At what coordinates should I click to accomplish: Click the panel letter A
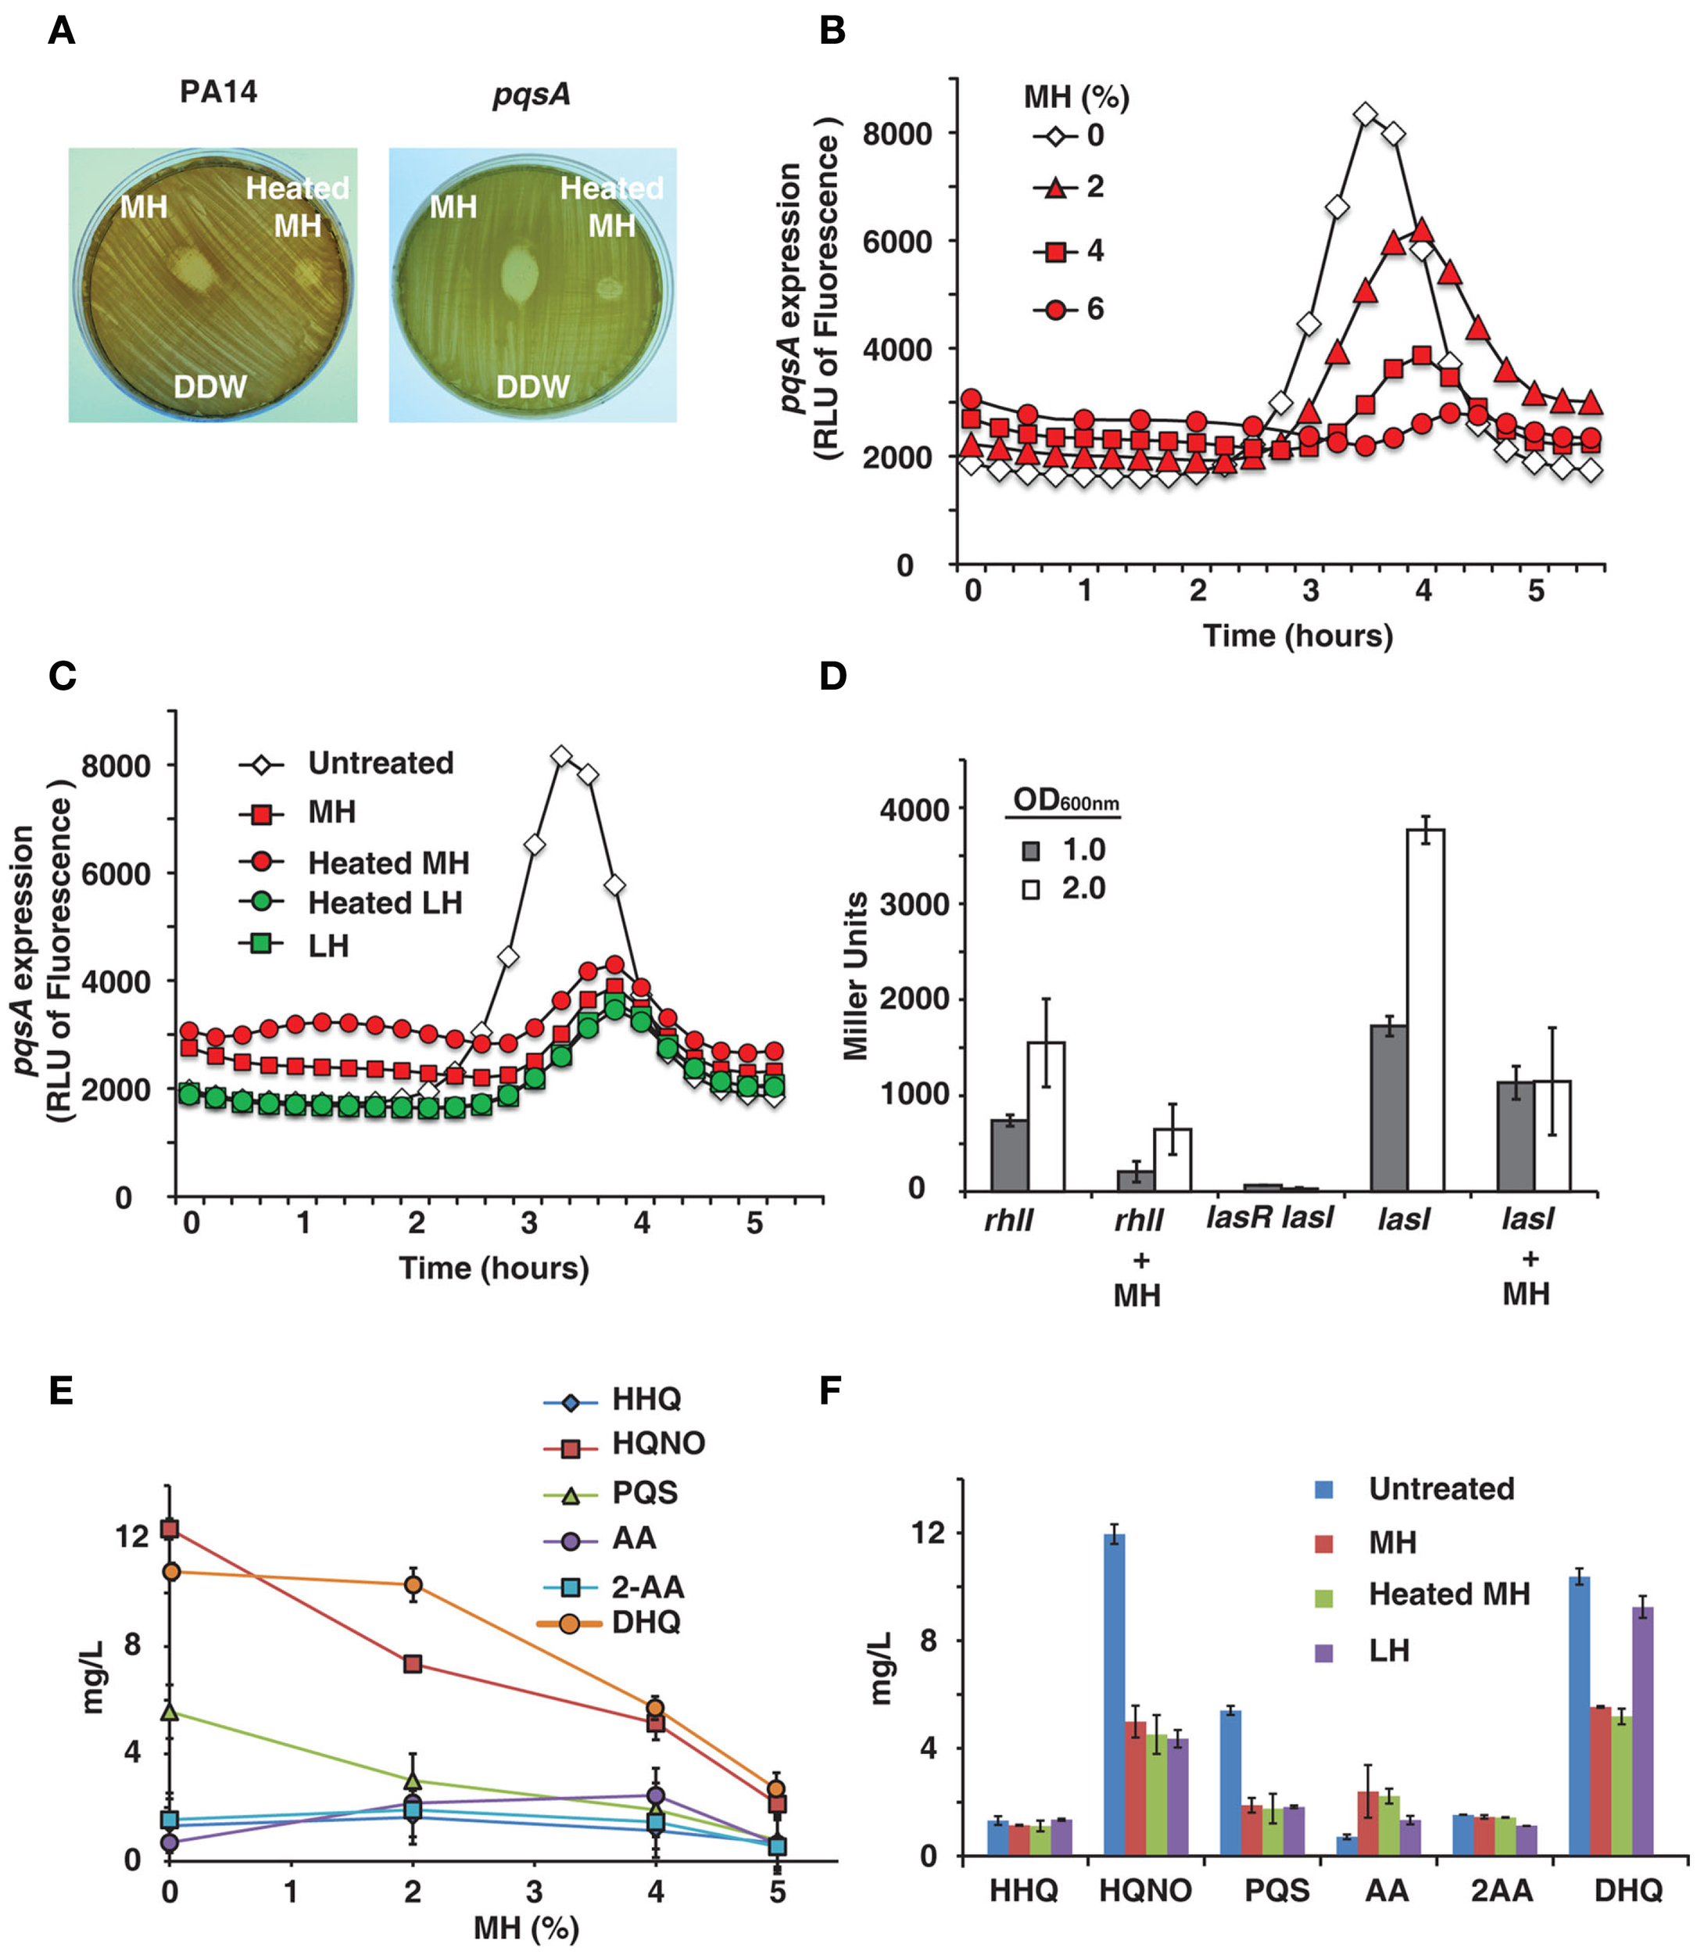(x=62, y=31)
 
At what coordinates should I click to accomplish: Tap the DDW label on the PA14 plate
(x=209, y=386)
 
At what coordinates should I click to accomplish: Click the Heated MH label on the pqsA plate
(x=612, y=206)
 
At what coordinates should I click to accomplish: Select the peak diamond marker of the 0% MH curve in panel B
(x=1365, y=115)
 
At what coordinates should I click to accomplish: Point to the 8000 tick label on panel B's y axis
(x=897, y=134)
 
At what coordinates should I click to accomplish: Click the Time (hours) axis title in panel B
(x=1298, y=636)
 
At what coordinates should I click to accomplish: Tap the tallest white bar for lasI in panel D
(x=1425, y=1009)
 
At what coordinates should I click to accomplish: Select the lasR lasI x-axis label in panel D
(x=1269, y=1217)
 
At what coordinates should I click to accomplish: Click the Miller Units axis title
(x=855, y=976)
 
